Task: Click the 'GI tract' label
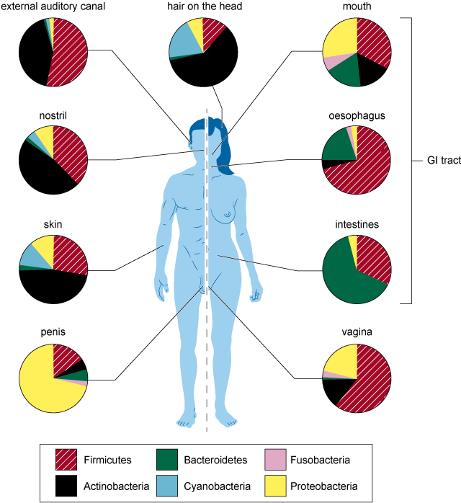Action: click(x=439, y=160)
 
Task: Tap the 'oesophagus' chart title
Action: click(x=357, y=115)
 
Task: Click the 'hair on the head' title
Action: click(x=205, y=6)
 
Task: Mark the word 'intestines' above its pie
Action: click(x=357, y=224)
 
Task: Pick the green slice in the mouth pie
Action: click(x=344, y=72)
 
